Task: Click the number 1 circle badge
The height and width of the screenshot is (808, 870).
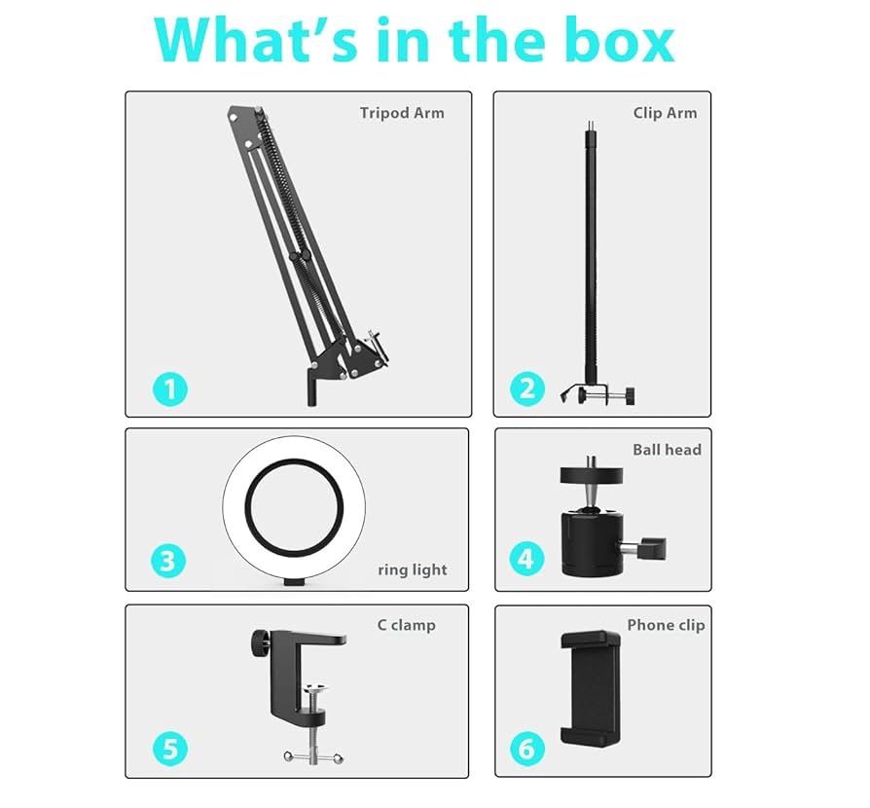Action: pyautogui.click(x=170, y=389)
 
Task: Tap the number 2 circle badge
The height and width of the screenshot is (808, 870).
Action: pyautogui.click(x=527, y=389)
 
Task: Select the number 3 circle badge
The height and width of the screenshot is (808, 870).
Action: pyautogui.click(x=168, y=561)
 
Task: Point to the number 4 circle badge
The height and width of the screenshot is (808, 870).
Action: pyautogui.click(x=526, y=559)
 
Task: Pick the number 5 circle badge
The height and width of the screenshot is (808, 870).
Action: pyautogui.click(x=170, y=749)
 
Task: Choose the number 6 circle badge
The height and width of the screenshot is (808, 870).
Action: pyautogui.click(x=527, y=749)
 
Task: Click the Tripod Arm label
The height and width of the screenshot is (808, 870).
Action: pyautogui.click(x=402, y=113)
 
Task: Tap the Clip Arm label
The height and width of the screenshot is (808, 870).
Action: pyautogui.click(x=665, y=113)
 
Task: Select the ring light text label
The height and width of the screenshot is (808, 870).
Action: pyautogui.click(x=413, y=569)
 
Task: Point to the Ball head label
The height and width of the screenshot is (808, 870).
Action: pyautogui.click(x=667, y=450)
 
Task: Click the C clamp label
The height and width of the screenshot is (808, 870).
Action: pyautogui.click(x=406, y=625)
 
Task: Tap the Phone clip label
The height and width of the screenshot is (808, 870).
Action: pyautogui.click(x=666, y=625)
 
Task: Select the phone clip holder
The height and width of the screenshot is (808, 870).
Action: pyautogui.click(x=591, y=687)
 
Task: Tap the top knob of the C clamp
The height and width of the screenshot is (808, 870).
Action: pyautogui.click(x=259, y=643)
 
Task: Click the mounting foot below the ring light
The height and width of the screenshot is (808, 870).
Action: pyautogui.click(x=294, y=582)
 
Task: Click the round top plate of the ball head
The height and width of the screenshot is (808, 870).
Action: pyautogui.click(x=591, y=476)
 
